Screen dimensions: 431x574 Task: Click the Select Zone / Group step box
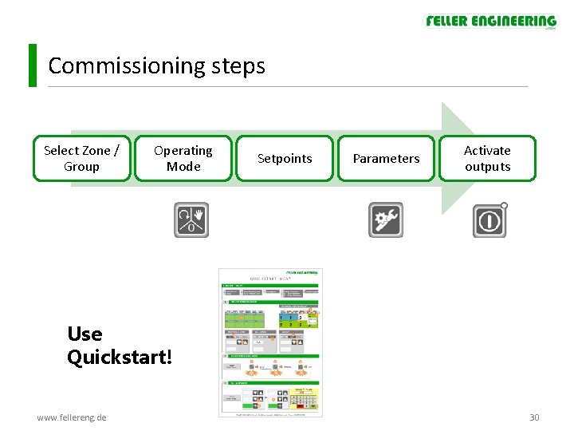pos(82,158)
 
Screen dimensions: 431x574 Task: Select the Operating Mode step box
pos(183,158)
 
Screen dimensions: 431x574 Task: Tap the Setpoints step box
pos(285,158)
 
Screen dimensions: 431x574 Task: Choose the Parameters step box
pos(386,158)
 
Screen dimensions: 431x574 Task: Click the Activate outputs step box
pos(487,158)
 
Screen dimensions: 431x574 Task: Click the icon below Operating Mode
pos(191,219)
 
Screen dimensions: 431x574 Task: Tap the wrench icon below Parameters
pos(385,219)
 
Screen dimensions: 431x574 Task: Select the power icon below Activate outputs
pos(489,219)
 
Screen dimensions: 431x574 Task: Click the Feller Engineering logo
pos(490,22)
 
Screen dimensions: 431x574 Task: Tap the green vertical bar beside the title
pos(33,65)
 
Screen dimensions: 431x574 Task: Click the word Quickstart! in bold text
pos(120,357)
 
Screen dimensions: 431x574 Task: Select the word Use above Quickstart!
pos(85,334)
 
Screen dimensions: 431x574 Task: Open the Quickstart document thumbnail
pos(271,342)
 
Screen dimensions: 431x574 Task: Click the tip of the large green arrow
pos(477,157)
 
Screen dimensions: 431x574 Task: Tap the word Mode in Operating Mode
pos(183,166)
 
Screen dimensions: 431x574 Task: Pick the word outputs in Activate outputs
pos(487,166)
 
